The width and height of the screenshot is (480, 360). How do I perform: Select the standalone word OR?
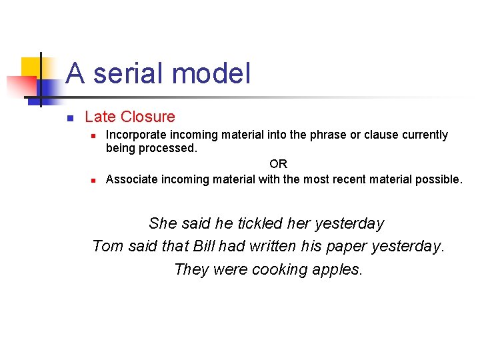pyautogui.click(x=278, y=164)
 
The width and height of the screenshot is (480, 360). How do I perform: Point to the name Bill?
pyautogui.click(x=204, y=247)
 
